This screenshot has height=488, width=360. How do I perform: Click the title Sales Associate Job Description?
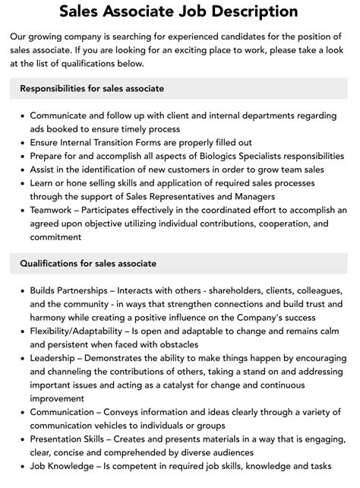coord(180,11)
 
